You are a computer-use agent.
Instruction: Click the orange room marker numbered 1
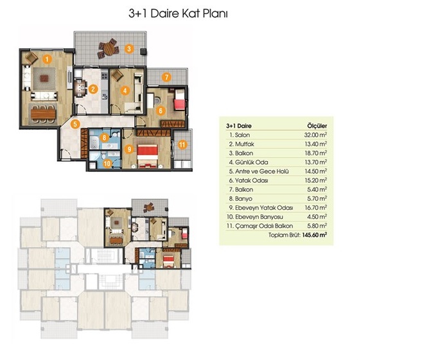coord(47,59)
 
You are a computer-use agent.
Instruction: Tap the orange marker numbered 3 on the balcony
coord(129,49)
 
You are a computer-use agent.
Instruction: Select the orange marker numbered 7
coord(166,77)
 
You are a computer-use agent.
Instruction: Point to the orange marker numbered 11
coord(182,144)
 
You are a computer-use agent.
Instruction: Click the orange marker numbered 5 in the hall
coord(75,124)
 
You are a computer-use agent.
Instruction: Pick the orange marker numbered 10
coord(107,164)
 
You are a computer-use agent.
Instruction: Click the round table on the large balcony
coord(109,49)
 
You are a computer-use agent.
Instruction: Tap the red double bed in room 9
coord(147,157)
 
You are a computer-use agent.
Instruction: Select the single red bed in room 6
coord(179,99)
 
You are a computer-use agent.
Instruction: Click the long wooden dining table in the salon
coord(43,114)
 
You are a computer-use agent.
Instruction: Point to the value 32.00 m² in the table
coord(315,135)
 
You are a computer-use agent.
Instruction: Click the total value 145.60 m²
coord(315,235)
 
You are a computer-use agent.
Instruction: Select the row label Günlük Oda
coord(252,162)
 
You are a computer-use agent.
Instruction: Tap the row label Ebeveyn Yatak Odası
coord(264,208)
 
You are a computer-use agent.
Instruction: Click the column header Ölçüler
coord(317,126)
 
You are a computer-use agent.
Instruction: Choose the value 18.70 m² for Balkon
coord(315,153)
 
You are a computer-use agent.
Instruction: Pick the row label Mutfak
coord(245,144)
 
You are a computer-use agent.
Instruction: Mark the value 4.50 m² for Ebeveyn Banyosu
coord(317,217)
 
